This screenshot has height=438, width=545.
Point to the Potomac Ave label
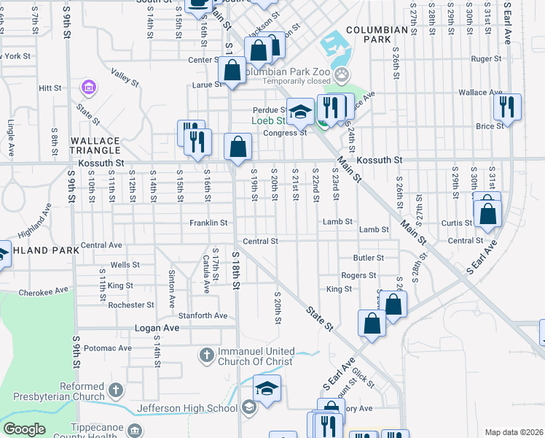tap(107, 348)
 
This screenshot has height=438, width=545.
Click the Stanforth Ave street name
tap(203, 315)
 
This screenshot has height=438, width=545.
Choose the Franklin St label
tap(208, 223)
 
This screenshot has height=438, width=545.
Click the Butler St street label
tap(368, 258)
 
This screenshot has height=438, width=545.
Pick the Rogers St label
tap(358, 275)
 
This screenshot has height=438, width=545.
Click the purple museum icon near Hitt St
tap(89, 88)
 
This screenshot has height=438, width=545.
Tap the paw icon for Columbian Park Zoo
tap(342, 74)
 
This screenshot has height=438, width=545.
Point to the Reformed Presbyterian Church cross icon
tap(115, 391)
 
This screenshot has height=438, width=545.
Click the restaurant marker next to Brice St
tap(506, 107)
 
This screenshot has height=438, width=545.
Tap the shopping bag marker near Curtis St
tap(488, 213)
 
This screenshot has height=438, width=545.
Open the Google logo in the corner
tap(24, 429)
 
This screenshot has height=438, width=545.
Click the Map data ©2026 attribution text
tap(514, 432)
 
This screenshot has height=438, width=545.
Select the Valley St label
tap(125, 77)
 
